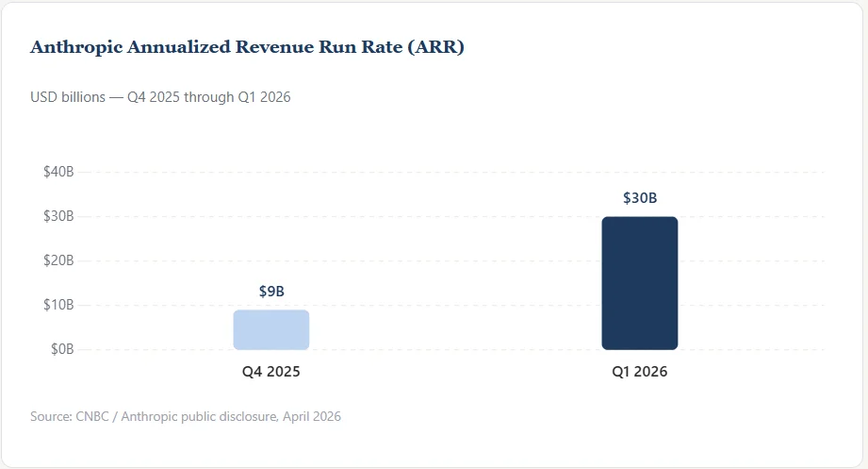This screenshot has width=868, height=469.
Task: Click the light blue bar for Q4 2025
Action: coord(271,330)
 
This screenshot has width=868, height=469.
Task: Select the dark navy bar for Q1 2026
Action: coord(639,283)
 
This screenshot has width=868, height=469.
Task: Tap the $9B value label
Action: coord(271,292)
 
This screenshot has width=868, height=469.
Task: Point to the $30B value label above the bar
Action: coord(640,198)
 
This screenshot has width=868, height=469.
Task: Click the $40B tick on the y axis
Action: coord(58,172)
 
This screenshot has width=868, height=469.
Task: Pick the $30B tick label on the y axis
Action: coord(58,216)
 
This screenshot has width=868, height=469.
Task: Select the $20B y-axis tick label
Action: coord(58,260)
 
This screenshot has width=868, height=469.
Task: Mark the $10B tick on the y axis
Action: coord(58,305)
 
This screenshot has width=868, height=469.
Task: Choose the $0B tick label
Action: coord(62,349)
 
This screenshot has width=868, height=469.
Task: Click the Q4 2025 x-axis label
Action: coord(271,372)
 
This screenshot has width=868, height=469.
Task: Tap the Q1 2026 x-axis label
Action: coord(639,372)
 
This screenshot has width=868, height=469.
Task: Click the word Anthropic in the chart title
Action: coord(76,48)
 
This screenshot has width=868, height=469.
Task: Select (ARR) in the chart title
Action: coord(435,47)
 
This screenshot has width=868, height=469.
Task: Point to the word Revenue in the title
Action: coord(274,47)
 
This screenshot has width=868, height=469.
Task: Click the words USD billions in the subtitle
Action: coord(68,97)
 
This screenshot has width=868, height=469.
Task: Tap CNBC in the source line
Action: coord(92,416)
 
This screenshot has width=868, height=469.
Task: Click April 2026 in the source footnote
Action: coord(312,417)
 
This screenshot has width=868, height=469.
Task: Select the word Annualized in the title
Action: coord(179,47)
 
